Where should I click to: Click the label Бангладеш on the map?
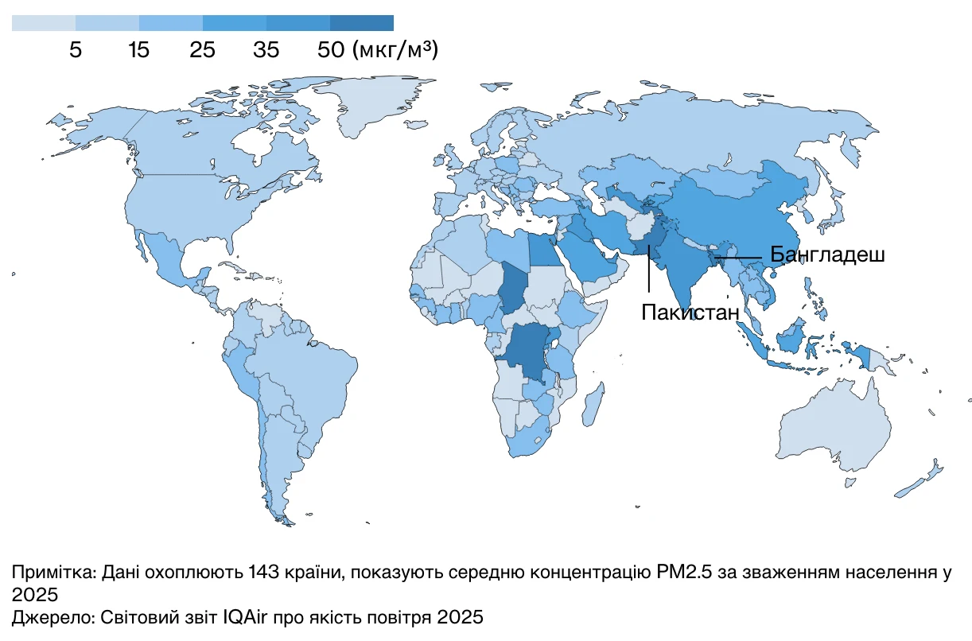tap(827, 255)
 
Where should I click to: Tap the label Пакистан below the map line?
tap(690, 313)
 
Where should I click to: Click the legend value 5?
tap(76, 50)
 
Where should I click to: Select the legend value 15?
tap(138, 50)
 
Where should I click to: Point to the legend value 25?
tap(202, 50)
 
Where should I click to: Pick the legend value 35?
tap(266, 50)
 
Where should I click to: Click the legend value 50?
tap(329, 50)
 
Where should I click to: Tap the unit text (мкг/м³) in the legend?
tap(394, 50)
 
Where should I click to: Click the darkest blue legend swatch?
tap(362, 23)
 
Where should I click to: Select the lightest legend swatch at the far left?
tap(44, 23)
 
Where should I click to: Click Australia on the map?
tap(835, 429)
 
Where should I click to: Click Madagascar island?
tap(590, 404)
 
